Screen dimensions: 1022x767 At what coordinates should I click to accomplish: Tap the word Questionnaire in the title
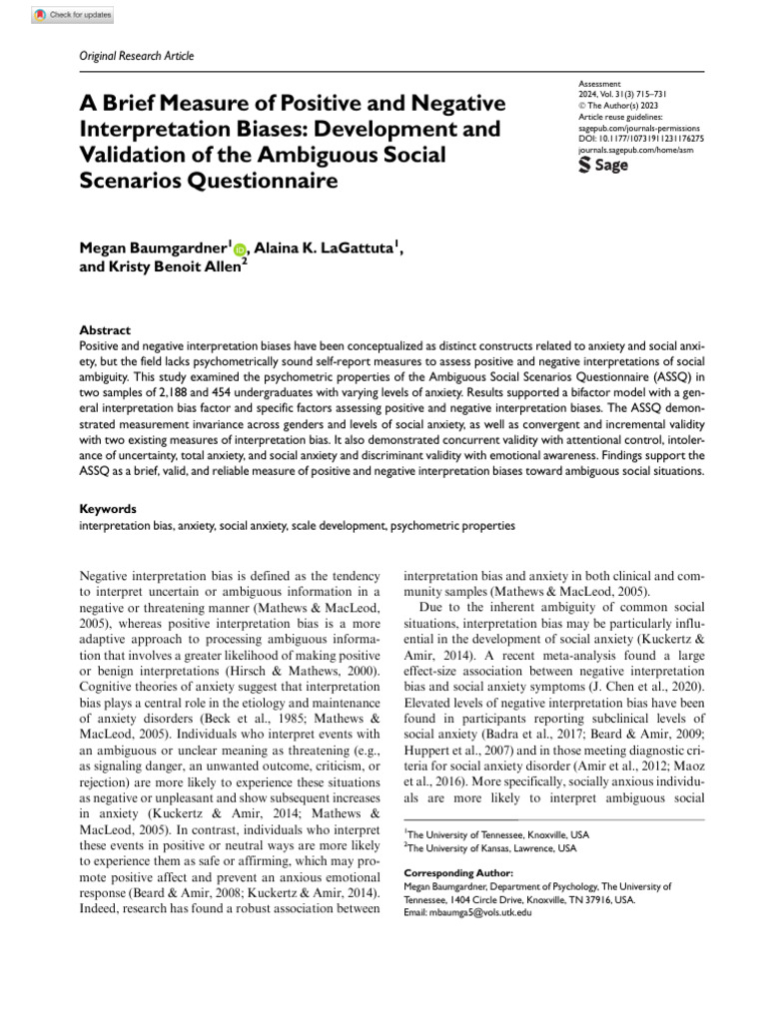click(x=270, y=182)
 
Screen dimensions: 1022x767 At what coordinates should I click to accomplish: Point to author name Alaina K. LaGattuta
click(x=331, y=249)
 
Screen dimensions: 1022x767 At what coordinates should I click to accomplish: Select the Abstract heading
click(x=104, y=330)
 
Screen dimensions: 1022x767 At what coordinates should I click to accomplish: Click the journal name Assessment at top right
click(x=599, y=85)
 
